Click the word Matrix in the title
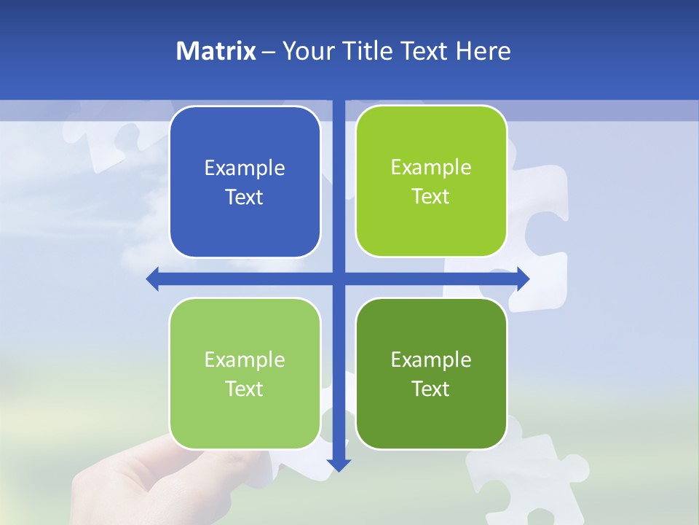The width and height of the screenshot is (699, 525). pyautogui.click(x=216, y=51)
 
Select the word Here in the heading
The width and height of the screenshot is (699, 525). pyautogui.click(x=483, y=51)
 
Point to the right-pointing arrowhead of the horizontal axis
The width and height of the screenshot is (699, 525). pyautogui.click(x=523, y=279)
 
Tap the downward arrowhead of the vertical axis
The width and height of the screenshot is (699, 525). pyautogui.click(x=339, y=464)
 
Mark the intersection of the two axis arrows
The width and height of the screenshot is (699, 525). pyautogui.click(x=339, y=279)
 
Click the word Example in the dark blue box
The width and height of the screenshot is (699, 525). pyautogui.click(x=245, y=168)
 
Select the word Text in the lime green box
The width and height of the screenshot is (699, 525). pyautogui.click(x=431, y=197)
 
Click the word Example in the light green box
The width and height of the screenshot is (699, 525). pyautogui.click(x=245, y=359)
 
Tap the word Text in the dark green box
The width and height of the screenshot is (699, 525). pyautogui.click(x=431, y=389)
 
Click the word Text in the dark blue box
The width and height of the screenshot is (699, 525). pyautogui.click(x=245, y=198)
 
